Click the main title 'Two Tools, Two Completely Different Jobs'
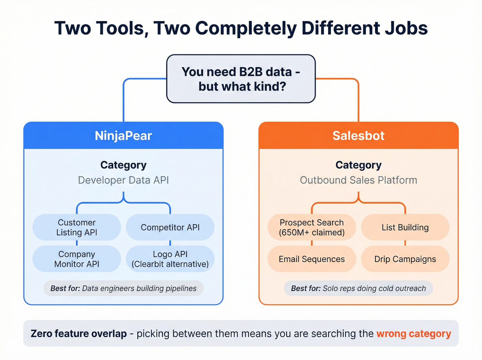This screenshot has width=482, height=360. pyautogui.click(x=241, y=28)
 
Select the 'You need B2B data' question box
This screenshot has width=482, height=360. pyautogui.click(x=241, y=79)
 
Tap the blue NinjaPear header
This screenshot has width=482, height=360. pyautogui.click(x=123, y=136)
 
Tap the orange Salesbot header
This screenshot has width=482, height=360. pyautogui.click(x=358, y=136)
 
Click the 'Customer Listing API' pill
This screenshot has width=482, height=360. pyautogui.click(x=77, y=227)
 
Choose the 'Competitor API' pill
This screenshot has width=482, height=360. pyautogui.click(x=170, y=227)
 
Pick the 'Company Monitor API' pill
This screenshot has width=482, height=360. pyautogui.click(x=77, y=259)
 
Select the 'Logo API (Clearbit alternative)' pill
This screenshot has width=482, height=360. pyautogui.click(x=170, y=259)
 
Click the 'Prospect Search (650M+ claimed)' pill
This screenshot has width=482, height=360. pyautogui.click(x=312, y=227)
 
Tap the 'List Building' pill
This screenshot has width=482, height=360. pyautogui.click(x=405, y=227)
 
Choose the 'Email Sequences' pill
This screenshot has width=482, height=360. pyautogui.click(x=312, y=259)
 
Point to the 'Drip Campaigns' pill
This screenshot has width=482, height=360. pyautogui.click(x=405, y=259)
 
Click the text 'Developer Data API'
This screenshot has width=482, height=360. pyautogui.click(x=123, y=180)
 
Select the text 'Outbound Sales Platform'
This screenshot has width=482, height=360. pyautogui.click(x=358, y=180)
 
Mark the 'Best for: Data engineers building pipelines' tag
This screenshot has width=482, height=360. pyautogui.click(x=123, y=288)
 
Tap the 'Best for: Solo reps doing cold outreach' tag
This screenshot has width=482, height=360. pyautogui.click(x=358, y=288)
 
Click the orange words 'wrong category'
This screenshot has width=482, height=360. pyautogui.click(x=413, y=334)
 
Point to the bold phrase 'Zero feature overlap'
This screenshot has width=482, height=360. pyautogui.click(x=79, y=334)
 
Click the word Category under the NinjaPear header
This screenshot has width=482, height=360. pyautogui.click(x=123, y=165)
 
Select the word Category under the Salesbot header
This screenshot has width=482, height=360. pyautogui.click(x=358, y=165)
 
